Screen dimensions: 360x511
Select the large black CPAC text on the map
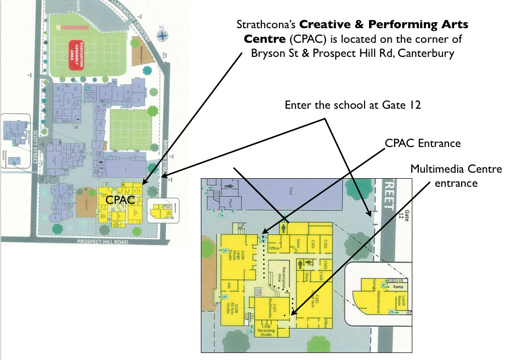[120, 200]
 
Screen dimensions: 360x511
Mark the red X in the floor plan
[260, 292]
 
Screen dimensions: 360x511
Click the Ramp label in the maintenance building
[399, 286]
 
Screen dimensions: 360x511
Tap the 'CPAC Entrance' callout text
[422, 143]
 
